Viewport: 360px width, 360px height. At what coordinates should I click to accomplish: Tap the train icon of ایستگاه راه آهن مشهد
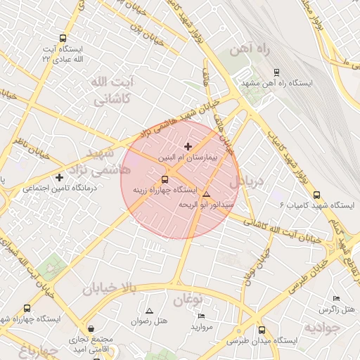point(276,72)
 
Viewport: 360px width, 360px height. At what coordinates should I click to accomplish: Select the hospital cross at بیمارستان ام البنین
point(187,146)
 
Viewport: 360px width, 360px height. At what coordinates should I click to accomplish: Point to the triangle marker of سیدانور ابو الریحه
point(207,194)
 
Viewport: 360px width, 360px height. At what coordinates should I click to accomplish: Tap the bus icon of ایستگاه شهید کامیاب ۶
point(316,195)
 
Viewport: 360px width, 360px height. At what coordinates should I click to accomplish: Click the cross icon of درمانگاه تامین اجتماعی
point(59,178)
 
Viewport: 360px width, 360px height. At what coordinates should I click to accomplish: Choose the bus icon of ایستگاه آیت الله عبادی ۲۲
point(63,39)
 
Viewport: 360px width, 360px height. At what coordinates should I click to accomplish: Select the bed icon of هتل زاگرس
point(335,299)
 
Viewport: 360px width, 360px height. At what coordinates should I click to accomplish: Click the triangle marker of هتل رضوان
point(149,311)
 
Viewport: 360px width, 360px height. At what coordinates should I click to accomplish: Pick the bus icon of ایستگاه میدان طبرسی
point(262,330)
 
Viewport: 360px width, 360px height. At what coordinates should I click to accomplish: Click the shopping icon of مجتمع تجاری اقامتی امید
point(91,329)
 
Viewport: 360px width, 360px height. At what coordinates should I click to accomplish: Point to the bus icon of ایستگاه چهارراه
point(27,308)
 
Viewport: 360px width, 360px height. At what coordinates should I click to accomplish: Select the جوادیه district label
point(325,328)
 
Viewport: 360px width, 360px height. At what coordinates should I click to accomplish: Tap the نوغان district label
point(188,300)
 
